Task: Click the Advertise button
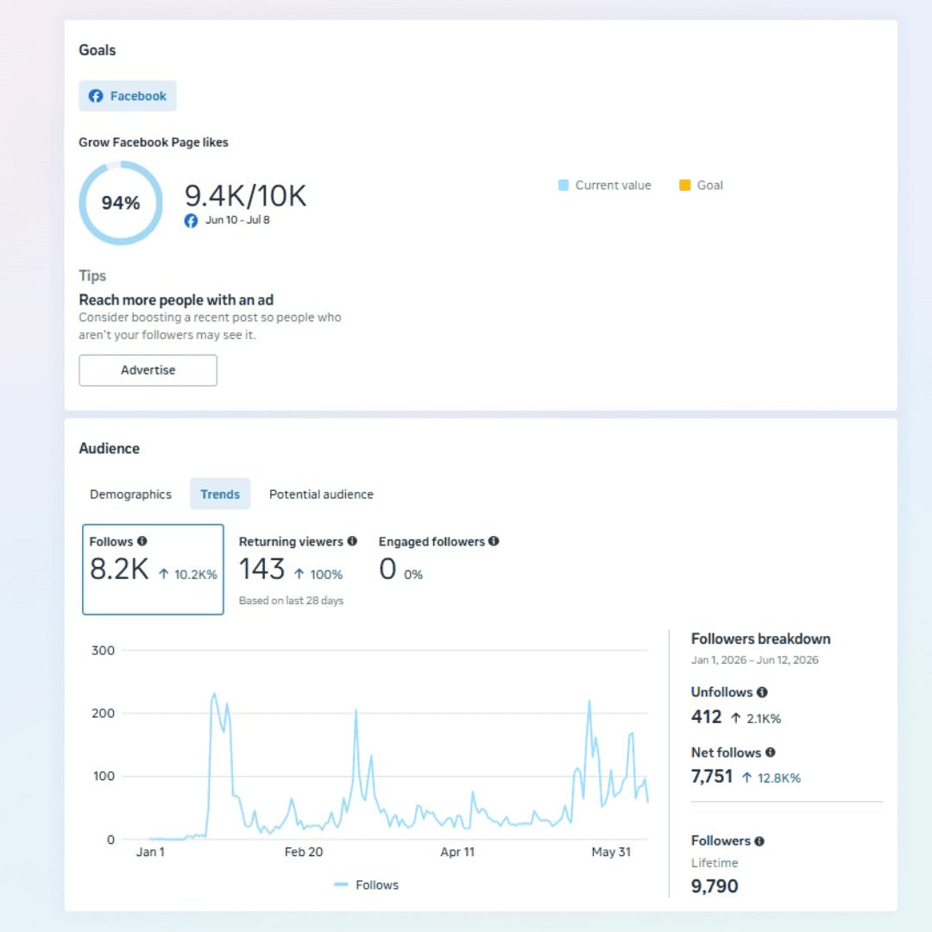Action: pyautogui.click(x=148, y=369)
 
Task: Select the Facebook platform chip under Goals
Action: pyautogui.click(x=127, y=96)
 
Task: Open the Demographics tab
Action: pyautogui.click(x=131, y=494)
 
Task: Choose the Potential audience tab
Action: pyautogui.click(x=321, y=494)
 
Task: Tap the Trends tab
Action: pyautogui.click(x=220, y=494)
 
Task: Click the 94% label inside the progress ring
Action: pyautogui.click(x=121, y=203)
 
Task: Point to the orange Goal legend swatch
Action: pyautogui.click(x=684, y=185)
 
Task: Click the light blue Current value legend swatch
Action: pyautogui.click(x=564, y=185)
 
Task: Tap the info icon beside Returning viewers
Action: pyautogui.click(x=352, y=541)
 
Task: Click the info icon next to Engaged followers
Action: pyautogui.click(x=494, y=541)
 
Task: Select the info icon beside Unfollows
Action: pyautogui.click(x=762, y=692)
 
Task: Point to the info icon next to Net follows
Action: pyautogui.click(x=771, y=753)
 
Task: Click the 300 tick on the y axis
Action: pyautogui.click(x=103, y=651)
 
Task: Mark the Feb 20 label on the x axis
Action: pyautogui.click(x=304, y=852)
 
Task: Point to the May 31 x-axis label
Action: pyautogui.click(x=611, y=852)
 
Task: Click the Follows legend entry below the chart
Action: pyautogui.click(x=366, y=885)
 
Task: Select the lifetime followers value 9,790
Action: pyautogui.click(x=715, y=886)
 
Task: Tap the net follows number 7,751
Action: pyautogui.click(x=711, y=777)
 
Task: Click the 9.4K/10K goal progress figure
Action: pyautogui.click(x=245, y=196)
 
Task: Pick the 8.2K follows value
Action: pyautogui.click(x=119, y=569)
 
